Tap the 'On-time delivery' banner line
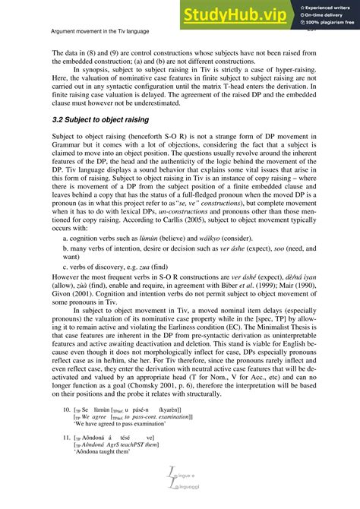point(320,14)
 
